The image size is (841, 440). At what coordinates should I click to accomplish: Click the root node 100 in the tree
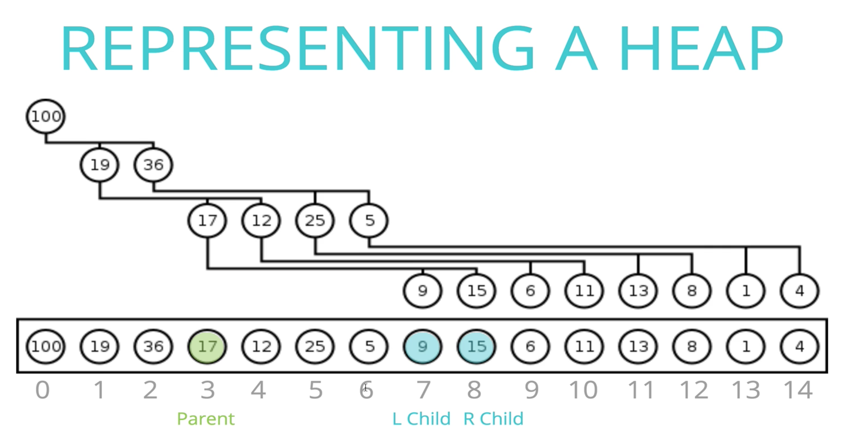[x=46, y=116]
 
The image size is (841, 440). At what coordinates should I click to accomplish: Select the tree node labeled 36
[x=153, y=165]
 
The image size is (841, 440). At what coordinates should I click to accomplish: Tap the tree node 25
[x=315, y=220]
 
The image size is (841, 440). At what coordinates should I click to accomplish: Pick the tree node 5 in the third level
[x=369, y=220]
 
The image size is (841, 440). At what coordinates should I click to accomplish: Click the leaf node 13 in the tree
[x=638, y=291]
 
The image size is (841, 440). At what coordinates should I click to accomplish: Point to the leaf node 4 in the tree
[x=799, y=291]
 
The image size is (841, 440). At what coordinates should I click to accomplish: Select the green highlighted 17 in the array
[x=207, y=346]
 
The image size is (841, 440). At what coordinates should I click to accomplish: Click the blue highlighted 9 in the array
[x=423, y=346]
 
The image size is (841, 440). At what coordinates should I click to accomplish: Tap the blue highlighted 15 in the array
[x=476, y=346]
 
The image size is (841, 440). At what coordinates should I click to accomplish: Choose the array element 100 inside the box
[x=46, y=346]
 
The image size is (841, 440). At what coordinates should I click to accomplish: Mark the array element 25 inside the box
[x=315, y=346]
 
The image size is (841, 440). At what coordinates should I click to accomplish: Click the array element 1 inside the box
[x=746, y=346]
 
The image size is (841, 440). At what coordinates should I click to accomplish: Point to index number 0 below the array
[x=42, y=390]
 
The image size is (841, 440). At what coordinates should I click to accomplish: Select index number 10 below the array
[x=583, y=390]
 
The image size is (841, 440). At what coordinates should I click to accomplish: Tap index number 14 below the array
[x=798, y=390]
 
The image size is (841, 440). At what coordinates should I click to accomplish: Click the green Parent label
[x=205, y=419]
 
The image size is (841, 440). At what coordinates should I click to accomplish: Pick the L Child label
[x=421, y=419]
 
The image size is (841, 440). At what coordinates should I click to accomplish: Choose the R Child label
[x=493, y=419]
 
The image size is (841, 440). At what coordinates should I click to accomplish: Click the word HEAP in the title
[x=701, y=48]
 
